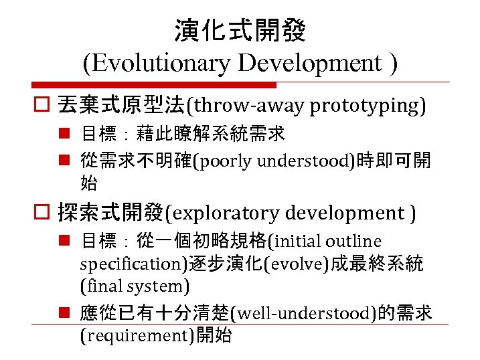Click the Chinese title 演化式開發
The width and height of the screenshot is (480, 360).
240,31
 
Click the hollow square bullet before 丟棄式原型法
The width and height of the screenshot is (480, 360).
45,106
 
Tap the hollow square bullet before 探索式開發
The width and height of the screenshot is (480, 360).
45,213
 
